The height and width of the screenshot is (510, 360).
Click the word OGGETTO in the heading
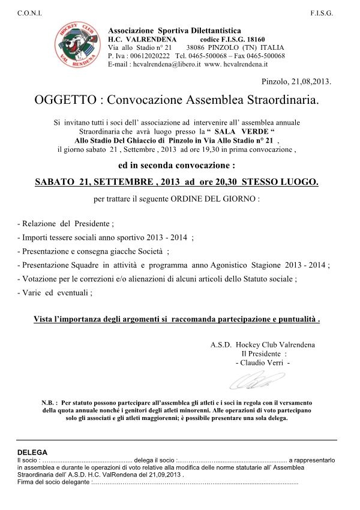coord(65,100)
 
